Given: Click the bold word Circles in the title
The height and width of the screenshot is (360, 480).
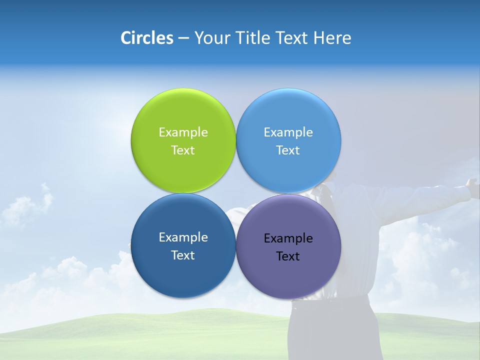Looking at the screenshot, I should pos(146,38).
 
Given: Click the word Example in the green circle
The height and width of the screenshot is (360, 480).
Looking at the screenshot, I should pos(183,132).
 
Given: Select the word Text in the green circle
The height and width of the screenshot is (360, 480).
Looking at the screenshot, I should pos(183,150).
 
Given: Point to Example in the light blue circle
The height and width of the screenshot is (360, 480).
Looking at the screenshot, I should pos(288,132).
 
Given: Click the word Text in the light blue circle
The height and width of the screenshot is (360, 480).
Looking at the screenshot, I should pos(288,150).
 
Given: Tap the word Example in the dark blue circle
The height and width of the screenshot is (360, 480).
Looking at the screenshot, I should pos(183,237).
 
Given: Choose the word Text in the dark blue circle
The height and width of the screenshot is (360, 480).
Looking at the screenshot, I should pos(183,255).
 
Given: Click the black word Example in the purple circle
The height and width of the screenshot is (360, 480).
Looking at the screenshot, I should pos(288,238).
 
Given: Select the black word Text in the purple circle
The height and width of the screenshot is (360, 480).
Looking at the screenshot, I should pos(288,256).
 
